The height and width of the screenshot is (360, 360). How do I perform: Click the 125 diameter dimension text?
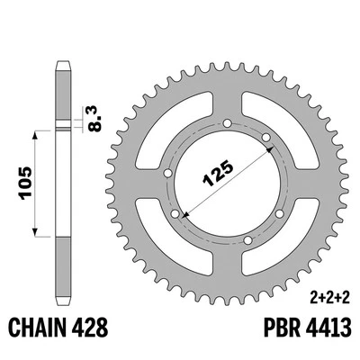click(219, 173)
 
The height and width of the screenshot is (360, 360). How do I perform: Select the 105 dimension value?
click(25, 183)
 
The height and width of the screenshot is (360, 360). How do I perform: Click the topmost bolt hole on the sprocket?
click(228, 123)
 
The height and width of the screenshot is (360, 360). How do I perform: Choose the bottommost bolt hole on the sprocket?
click(247, 240)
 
